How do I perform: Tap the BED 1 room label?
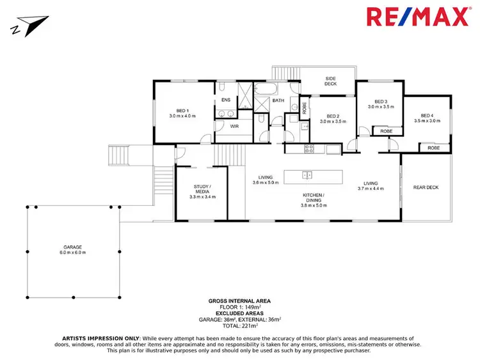click(182, 111)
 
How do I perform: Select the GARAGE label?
click(72, 247)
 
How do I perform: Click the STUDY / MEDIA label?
click(202, 189)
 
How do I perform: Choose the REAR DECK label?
click(426, 187)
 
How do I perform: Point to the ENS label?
click(225, 100)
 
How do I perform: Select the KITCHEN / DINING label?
click(314, 197)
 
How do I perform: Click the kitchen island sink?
click(307, 175)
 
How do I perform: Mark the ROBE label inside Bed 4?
click(433, 148)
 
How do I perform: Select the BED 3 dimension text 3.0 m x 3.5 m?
click(381, 107)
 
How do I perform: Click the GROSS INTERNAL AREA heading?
click(239, 300)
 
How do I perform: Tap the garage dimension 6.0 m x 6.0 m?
click(72, 253)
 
